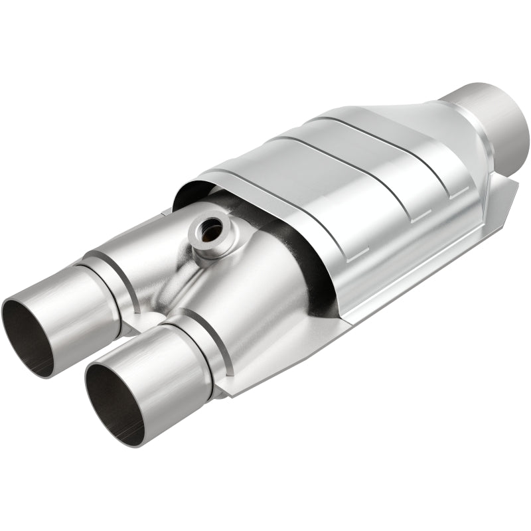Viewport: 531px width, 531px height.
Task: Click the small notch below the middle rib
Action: (416, 217)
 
